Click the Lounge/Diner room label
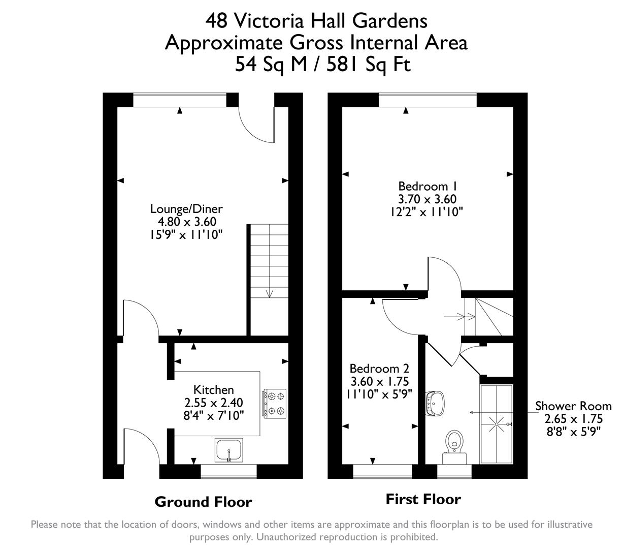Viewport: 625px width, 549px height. point(186,208)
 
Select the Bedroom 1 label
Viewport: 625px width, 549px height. point(423,186)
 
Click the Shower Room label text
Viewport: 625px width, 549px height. point(573,406)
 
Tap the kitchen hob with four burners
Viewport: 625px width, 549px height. point(274,403)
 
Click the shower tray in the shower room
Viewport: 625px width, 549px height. point(496,423)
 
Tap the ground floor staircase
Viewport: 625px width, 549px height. point(269,279)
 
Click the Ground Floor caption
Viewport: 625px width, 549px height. point(203,502)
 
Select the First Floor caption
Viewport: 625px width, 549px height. point(423,499)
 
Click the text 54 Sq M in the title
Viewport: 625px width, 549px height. point(271,65)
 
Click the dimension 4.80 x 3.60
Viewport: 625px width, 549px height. point(186,222)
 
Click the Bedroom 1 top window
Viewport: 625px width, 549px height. point(427,100)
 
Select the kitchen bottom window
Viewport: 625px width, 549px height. point(228,472)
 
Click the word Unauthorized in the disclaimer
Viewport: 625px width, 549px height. point(285,537)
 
